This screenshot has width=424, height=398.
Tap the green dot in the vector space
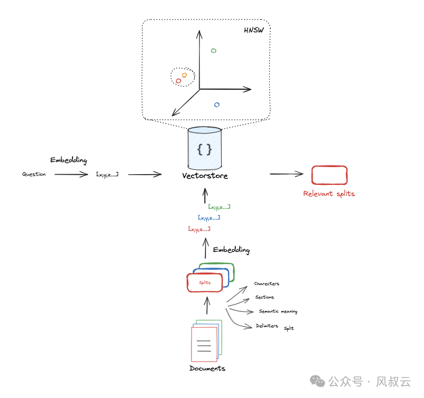click(214, 51)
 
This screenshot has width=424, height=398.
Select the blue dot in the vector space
click(217, 104)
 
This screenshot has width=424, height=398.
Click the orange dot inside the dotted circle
click(184, 75)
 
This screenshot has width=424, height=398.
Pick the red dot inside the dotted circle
click(178, 81)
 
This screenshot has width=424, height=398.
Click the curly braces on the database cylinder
click(204, 150)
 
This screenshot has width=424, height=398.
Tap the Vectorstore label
click(205, 176)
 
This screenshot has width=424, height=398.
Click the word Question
click(34, 174)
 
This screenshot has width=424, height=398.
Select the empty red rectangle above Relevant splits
click(329, 175)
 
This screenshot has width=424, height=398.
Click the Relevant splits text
click(329, 194)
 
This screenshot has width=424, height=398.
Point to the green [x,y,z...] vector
click(219, 207)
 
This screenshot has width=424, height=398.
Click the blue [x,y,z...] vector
click(209, 218)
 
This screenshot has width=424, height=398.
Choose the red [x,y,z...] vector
click(199, 229)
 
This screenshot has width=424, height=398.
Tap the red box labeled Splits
click(205, 283)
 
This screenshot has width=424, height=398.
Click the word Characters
click(267, 283)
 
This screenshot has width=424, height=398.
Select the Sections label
click(264, 297)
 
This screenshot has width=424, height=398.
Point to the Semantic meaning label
click(278, 311)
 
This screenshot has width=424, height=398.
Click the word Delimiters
click(267, 326)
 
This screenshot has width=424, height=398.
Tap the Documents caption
click(207, 368)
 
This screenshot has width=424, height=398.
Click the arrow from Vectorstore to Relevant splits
click(287, 174)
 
